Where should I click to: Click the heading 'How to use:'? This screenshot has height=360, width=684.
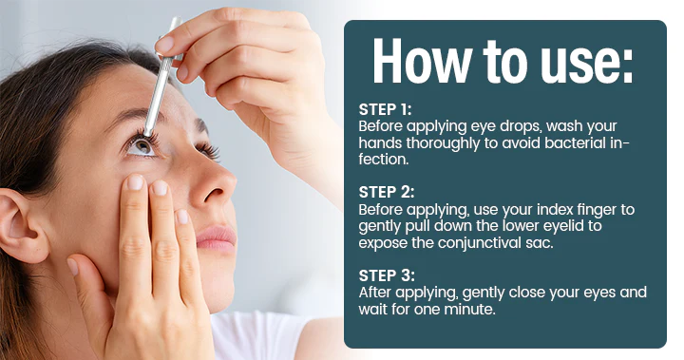503,61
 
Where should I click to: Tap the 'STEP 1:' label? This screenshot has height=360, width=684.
385,109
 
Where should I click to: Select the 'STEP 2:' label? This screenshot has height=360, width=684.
386,192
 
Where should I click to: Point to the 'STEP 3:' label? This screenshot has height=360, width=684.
387,275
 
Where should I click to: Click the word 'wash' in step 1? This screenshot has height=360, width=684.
564,125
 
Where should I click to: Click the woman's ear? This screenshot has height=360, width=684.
23,224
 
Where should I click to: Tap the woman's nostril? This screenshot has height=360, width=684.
214,194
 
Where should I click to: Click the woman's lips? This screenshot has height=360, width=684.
217,237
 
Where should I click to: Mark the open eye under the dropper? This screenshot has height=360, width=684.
142,144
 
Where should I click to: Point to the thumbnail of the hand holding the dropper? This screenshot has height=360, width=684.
165,44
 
